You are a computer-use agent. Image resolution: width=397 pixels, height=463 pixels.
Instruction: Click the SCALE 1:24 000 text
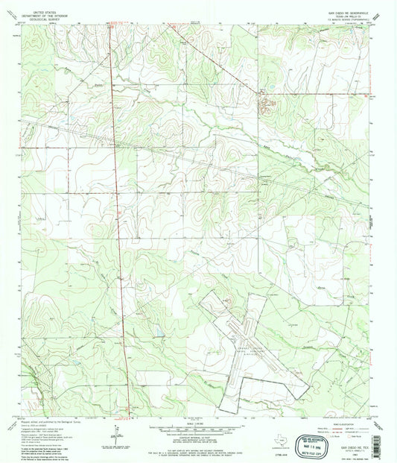click(197, 424)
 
